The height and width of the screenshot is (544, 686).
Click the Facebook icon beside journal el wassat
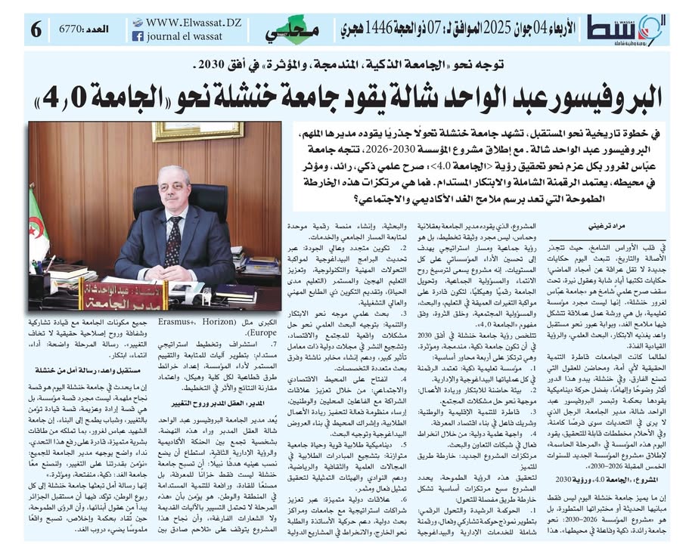point(138,36)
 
